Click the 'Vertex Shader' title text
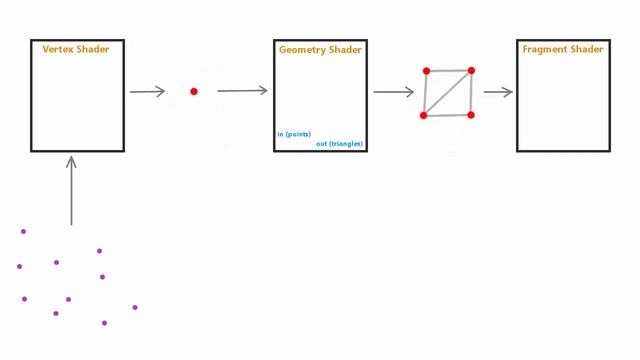click(x=76, y=49)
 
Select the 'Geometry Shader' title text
click(x=320, y=50)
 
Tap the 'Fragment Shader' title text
click(x=563, y=49)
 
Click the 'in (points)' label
click(x=294, y=134)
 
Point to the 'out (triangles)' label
click(x=339, y=144)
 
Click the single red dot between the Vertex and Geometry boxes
click(x=194, y=91)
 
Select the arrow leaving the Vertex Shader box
click(x=147, y=91)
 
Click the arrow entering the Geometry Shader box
click(x=242, y=91)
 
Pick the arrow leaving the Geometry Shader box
click(x=394, y=92)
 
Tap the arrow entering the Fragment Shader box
click(x=498, y=92)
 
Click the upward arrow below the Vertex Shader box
click(x=71, y=191)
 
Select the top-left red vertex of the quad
click(x=427, y=71)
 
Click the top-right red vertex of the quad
click(x=471, y=71)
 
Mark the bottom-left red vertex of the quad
click(x=424, y=116)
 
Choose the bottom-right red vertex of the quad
click(x=471, y=115)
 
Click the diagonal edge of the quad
click(x=447, y=93)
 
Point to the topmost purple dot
click(x=24, y=231)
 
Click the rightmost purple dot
click(x=135, y=307)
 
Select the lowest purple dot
click(x=104, y=323)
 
